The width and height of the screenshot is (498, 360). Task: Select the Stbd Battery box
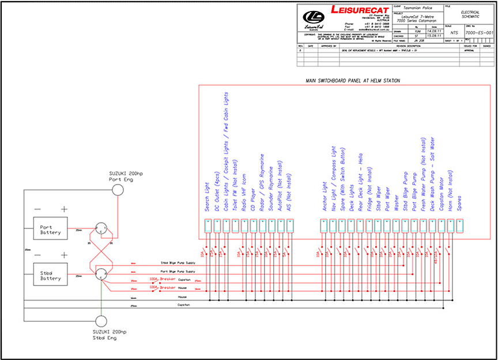point(50,275)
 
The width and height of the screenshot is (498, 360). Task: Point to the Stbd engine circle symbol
point(101,321)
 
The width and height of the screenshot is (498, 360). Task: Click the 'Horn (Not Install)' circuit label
point(450,185)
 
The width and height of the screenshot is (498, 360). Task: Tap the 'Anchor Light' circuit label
point(324,197)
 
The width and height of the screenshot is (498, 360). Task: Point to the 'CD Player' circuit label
point(253,200)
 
